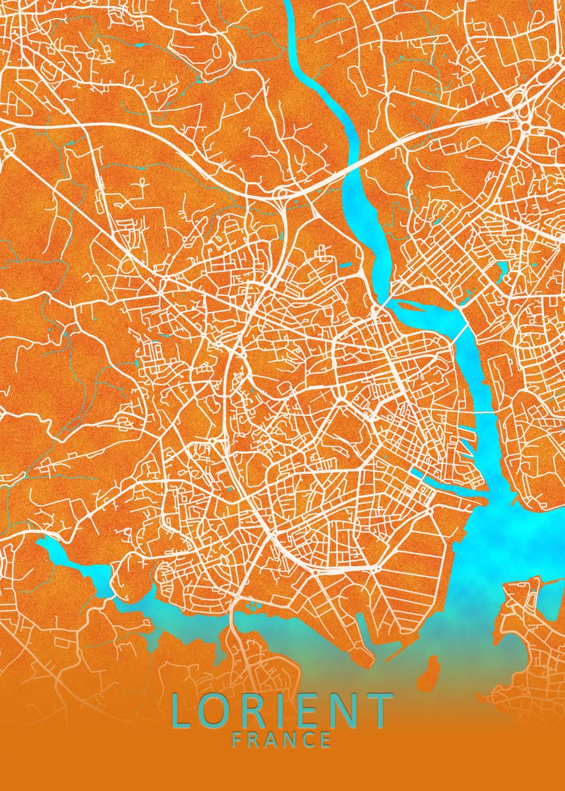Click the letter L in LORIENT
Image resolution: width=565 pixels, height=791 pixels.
pyautogui.click(x=183, y=711)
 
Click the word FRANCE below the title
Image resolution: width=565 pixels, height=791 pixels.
pyautogui.click(x=282, y=740)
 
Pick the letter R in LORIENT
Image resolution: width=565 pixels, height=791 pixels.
pyautogui.click(x=256, y=711)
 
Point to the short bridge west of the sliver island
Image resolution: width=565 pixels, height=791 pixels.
pyautogui.click(x=386, y=303)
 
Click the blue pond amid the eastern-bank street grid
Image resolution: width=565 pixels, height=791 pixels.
pyautogui.click(x=503, y=268)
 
